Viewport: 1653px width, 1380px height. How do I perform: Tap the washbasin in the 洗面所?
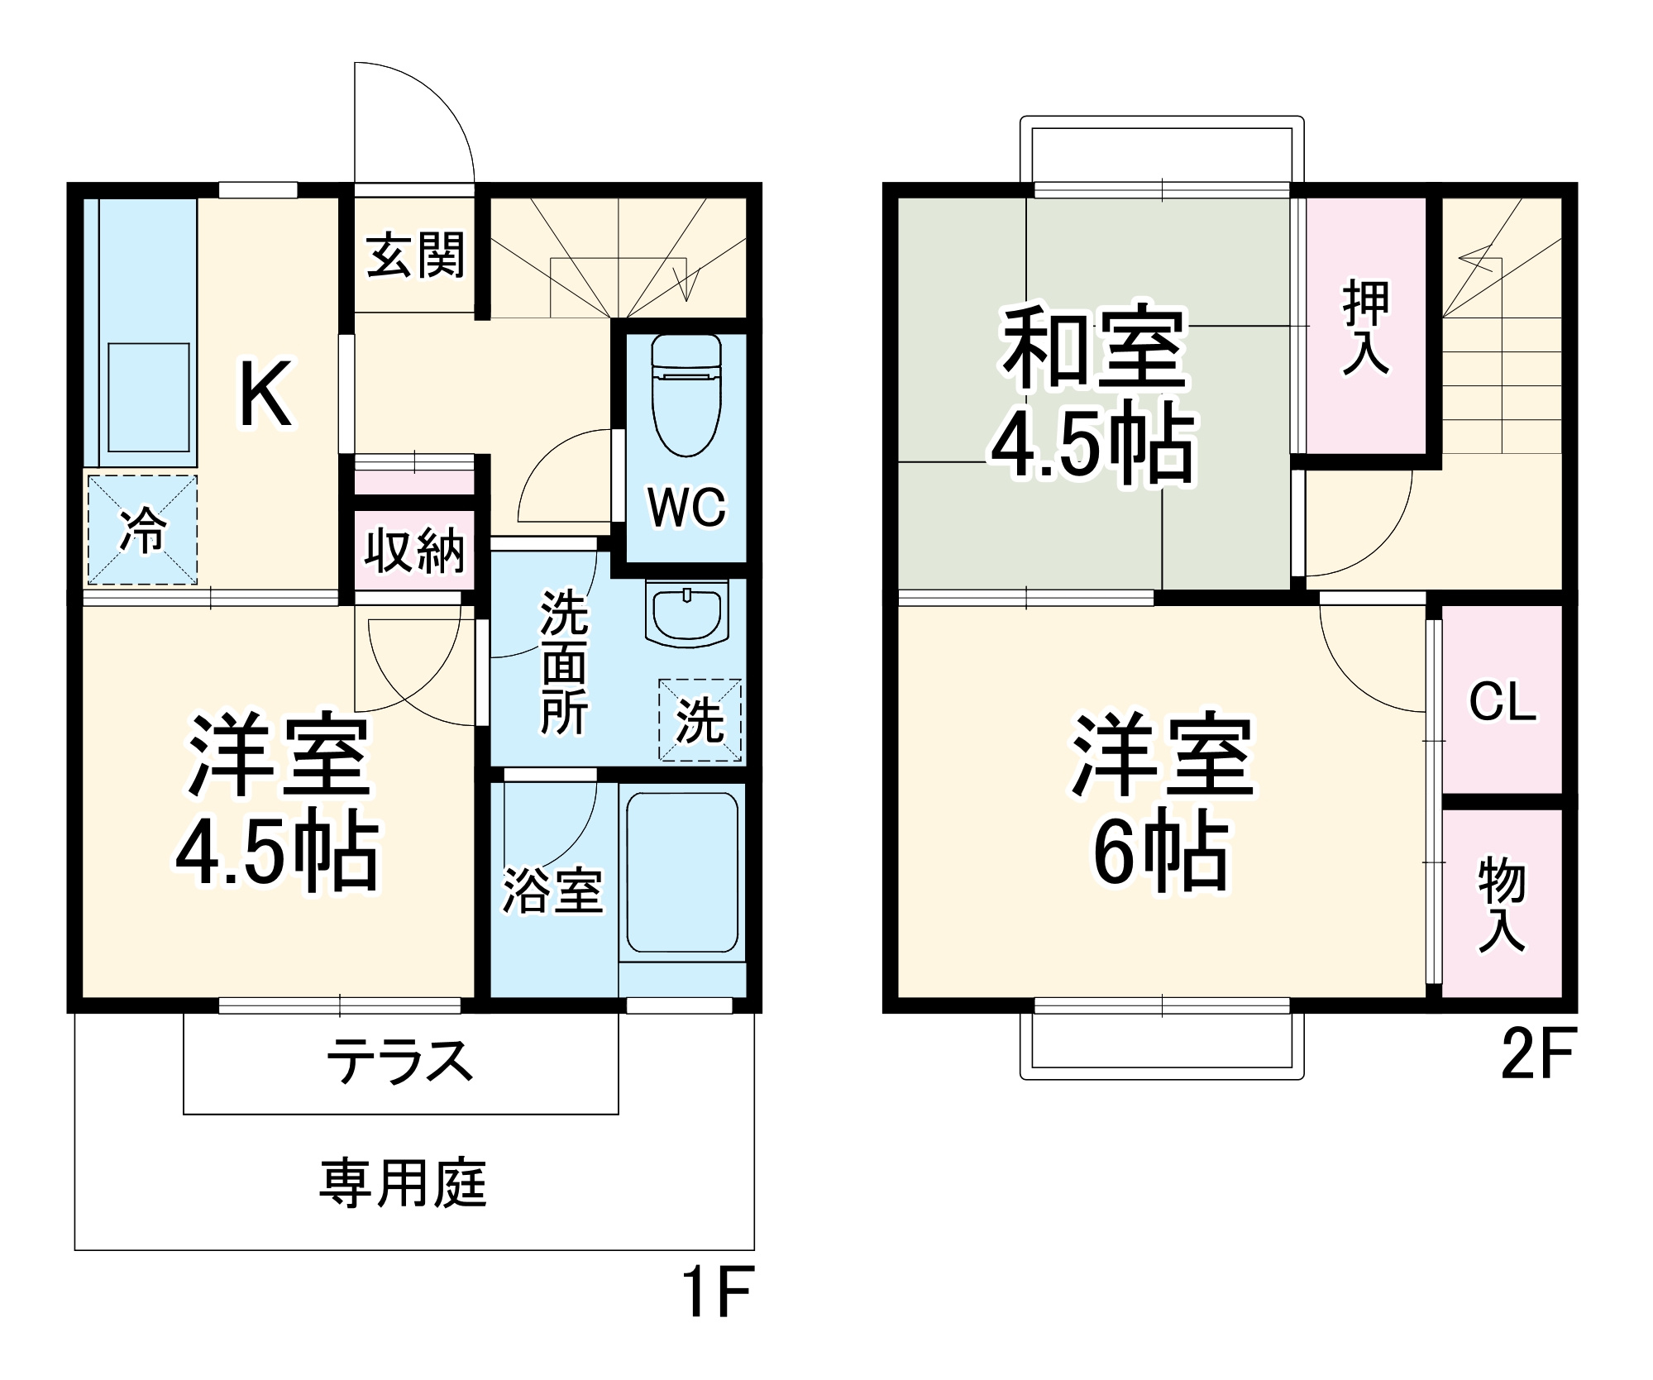[x=687, y=613]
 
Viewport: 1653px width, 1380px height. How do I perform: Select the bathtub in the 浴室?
[x=682, y=872]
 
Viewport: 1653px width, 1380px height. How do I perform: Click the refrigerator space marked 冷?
[x=142, y=530]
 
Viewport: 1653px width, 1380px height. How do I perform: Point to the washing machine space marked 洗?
[x=700, y=719]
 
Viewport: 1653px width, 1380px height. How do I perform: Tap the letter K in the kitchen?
[x=265, y=394]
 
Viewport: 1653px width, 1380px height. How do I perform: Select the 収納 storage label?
[x=415, y=550]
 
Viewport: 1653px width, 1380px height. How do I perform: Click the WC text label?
[x=686, y=507]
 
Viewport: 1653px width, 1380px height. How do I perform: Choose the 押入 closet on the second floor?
[x=1365, y=327]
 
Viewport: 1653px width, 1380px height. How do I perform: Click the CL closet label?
[x=1502, y=702]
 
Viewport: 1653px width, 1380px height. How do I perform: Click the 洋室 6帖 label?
[x=1163, y=802]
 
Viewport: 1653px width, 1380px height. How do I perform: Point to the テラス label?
[x=400, y=1062]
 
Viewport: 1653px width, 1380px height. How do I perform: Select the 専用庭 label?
[x=404, y=1183]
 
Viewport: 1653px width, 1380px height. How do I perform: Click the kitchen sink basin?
[x=149, y=397]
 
